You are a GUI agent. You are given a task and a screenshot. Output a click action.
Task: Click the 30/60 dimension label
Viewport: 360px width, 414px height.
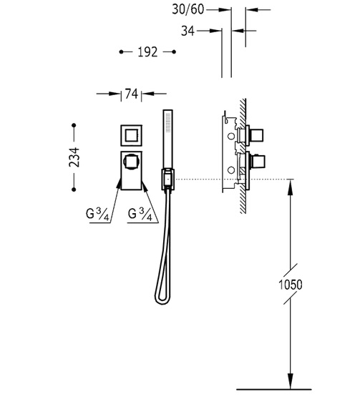coord(188,9)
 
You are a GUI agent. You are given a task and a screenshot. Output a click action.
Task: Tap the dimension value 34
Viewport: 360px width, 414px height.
coord(188,31)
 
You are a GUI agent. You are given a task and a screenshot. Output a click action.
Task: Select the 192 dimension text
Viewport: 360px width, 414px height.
coord(147,52)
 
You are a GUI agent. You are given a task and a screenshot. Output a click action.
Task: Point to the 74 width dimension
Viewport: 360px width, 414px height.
coord(132,94)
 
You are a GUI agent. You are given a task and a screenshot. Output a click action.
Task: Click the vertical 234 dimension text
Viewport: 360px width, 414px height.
coord(74,157)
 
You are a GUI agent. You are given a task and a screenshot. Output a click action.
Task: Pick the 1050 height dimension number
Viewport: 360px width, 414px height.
coord(291,285)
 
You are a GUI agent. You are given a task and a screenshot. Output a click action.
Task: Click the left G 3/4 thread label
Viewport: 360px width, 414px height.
coord(97,214)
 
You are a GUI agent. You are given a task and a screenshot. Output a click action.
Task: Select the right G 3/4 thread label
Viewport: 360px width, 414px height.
coord(140,214)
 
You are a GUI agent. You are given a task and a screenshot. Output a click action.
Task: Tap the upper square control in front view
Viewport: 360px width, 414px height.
coord(132,135)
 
